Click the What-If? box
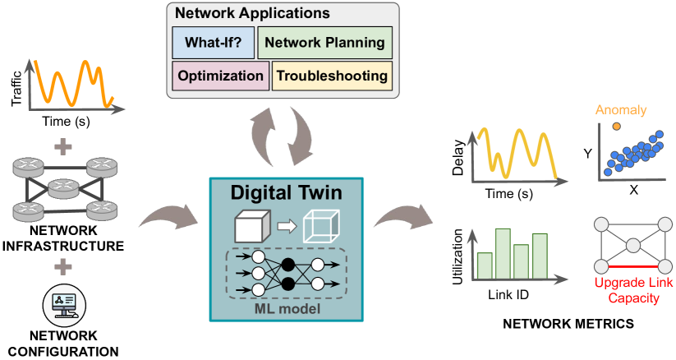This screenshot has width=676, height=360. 214,43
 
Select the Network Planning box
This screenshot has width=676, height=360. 325,43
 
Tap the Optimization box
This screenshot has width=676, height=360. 221,76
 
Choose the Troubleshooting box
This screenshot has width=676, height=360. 332,76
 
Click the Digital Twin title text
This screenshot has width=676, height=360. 287,192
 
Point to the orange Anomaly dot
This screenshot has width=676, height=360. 617,126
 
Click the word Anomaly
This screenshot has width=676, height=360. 621,110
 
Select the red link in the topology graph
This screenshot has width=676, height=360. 632,267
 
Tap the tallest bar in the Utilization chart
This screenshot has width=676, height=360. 504,254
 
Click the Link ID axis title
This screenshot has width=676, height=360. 508,295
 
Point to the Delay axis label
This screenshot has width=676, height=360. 458,157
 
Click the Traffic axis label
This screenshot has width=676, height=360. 16,89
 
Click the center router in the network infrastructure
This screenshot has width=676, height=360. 63,189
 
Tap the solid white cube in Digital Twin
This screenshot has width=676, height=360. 252,226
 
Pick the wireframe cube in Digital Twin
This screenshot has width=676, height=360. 322,226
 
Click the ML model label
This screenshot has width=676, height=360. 287,309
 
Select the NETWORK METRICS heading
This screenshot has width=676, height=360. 568,324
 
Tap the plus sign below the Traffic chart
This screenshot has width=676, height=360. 63,147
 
